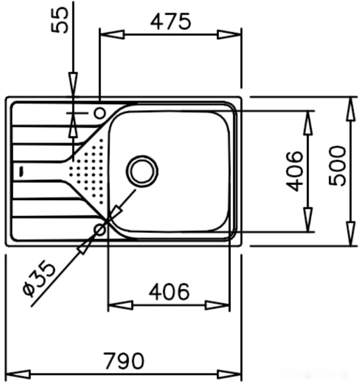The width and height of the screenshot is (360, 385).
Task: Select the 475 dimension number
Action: click(x=170, y=21)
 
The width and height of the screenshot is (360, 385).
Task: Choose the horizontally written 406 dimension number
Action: click(x=169, y=292)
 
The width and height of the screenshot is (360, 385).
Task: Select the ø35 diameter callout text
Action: click(x=39, y=278)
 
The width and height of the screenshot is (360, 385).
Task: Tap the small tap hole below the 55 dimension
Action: click(x=99, y=113)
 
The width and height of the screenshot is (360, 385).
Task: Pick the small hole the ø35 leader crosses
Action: click(x=99, y=230)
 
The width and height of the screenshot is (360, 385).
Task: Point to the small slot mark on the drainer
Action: click(x=20, y=171)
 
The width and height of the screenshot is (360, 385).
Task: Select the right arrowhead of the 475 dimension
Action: click(x=229, y=35)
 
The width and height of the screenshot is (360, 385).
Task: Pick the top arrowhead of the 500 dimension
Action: click(x=350, y=110)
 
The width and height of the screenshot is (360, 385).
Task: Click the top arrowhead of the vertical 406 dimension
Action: click(x=309, y=123)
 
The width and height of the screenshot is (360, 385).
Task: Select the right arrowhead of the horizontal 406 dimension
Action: click(x=218, y=305)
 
